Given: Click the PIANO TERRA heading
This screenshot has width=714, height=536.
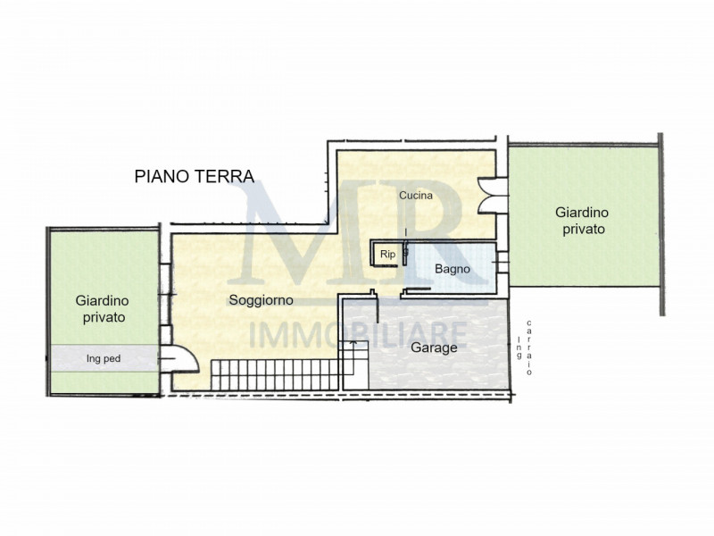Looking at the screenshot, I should click(195, 176).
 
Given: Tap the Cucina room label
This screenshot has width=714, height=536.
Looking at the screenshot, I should click(416, 196).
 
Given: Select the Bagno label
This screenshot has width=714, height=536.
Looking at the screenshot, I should click(452, 268).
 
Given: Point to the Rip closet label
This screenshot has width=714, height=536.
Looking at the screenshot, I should click(388, 255).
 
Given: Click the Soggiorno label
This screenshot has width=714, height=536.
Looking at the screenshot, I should click(261, 300).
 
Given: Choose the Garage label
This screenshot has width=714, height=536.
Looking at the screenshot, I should click(434, 348).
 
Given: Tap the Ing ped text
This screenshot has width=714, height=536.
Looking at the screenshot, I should click(104, 359).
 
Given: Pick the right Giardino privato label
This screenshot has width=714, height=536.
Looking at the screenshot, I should click(582, 220).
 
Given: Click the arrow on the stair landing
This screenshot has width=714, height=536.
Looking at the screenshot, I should click(353, 343).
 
